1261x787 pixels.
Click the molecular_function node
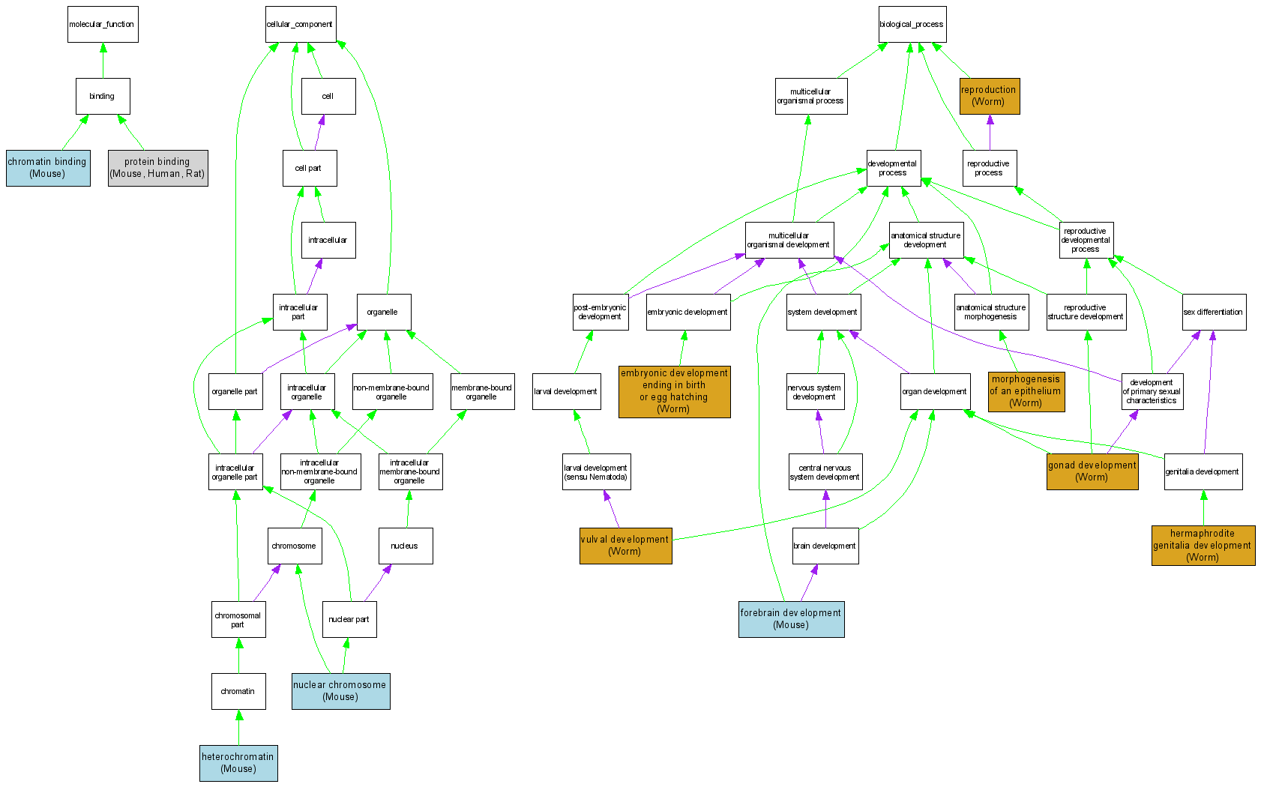point(103,25)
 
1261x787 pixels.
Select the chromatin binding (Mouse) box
point(48,168)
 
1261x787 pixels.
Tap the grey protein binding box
point(157,168)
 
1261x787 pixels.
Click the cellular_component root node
point(300,25)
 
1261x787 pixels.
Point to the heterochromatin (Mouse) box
point(238,763)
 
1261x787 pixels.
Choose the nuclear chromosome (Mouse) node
point(340,691)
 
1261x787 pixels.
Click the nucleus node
point(406,546)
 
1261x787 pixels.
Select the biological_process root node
point(912,25)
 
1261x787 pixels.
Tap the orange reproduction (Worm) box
point(990,96)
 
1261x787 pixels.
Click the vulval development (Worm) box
point(625,546)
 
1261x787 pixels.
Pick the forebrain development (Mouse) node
point(791,619)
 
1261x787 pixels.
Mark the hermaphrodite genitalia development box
point(1203,546)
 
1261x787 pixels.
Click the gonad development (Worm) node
point(1092,471)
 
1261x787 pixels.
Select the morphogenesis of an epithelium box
point(1026,391)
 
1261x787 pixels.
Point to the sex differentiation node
point(1214,312)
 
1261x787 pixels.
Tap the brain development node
point(825,546)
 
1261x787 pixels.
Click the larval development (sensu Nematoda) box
point(596,471)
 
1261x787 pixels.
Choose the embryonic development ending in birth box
point(674,391)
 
